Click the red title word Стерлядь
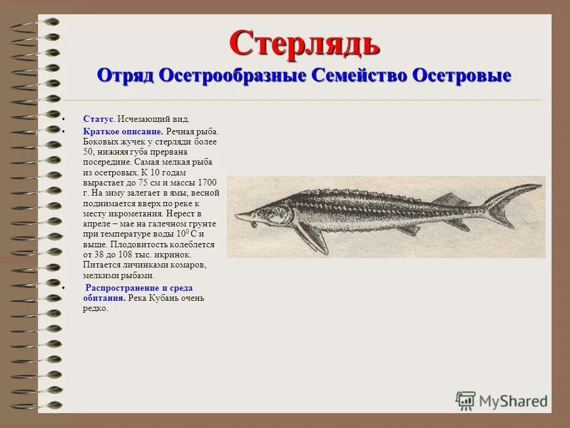point(304,43)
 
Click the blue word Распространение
point(121,288)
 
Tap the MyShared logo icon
point(465,401)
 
